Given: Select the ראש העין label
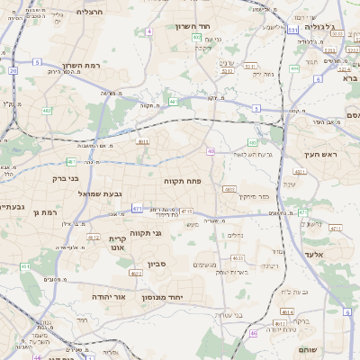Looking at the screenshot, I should [x=319, y=154].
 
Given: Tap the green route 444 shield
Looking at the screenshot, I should [x=295, y=67].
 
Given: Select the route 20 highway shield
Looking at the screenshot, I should [x=13, y=70].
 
